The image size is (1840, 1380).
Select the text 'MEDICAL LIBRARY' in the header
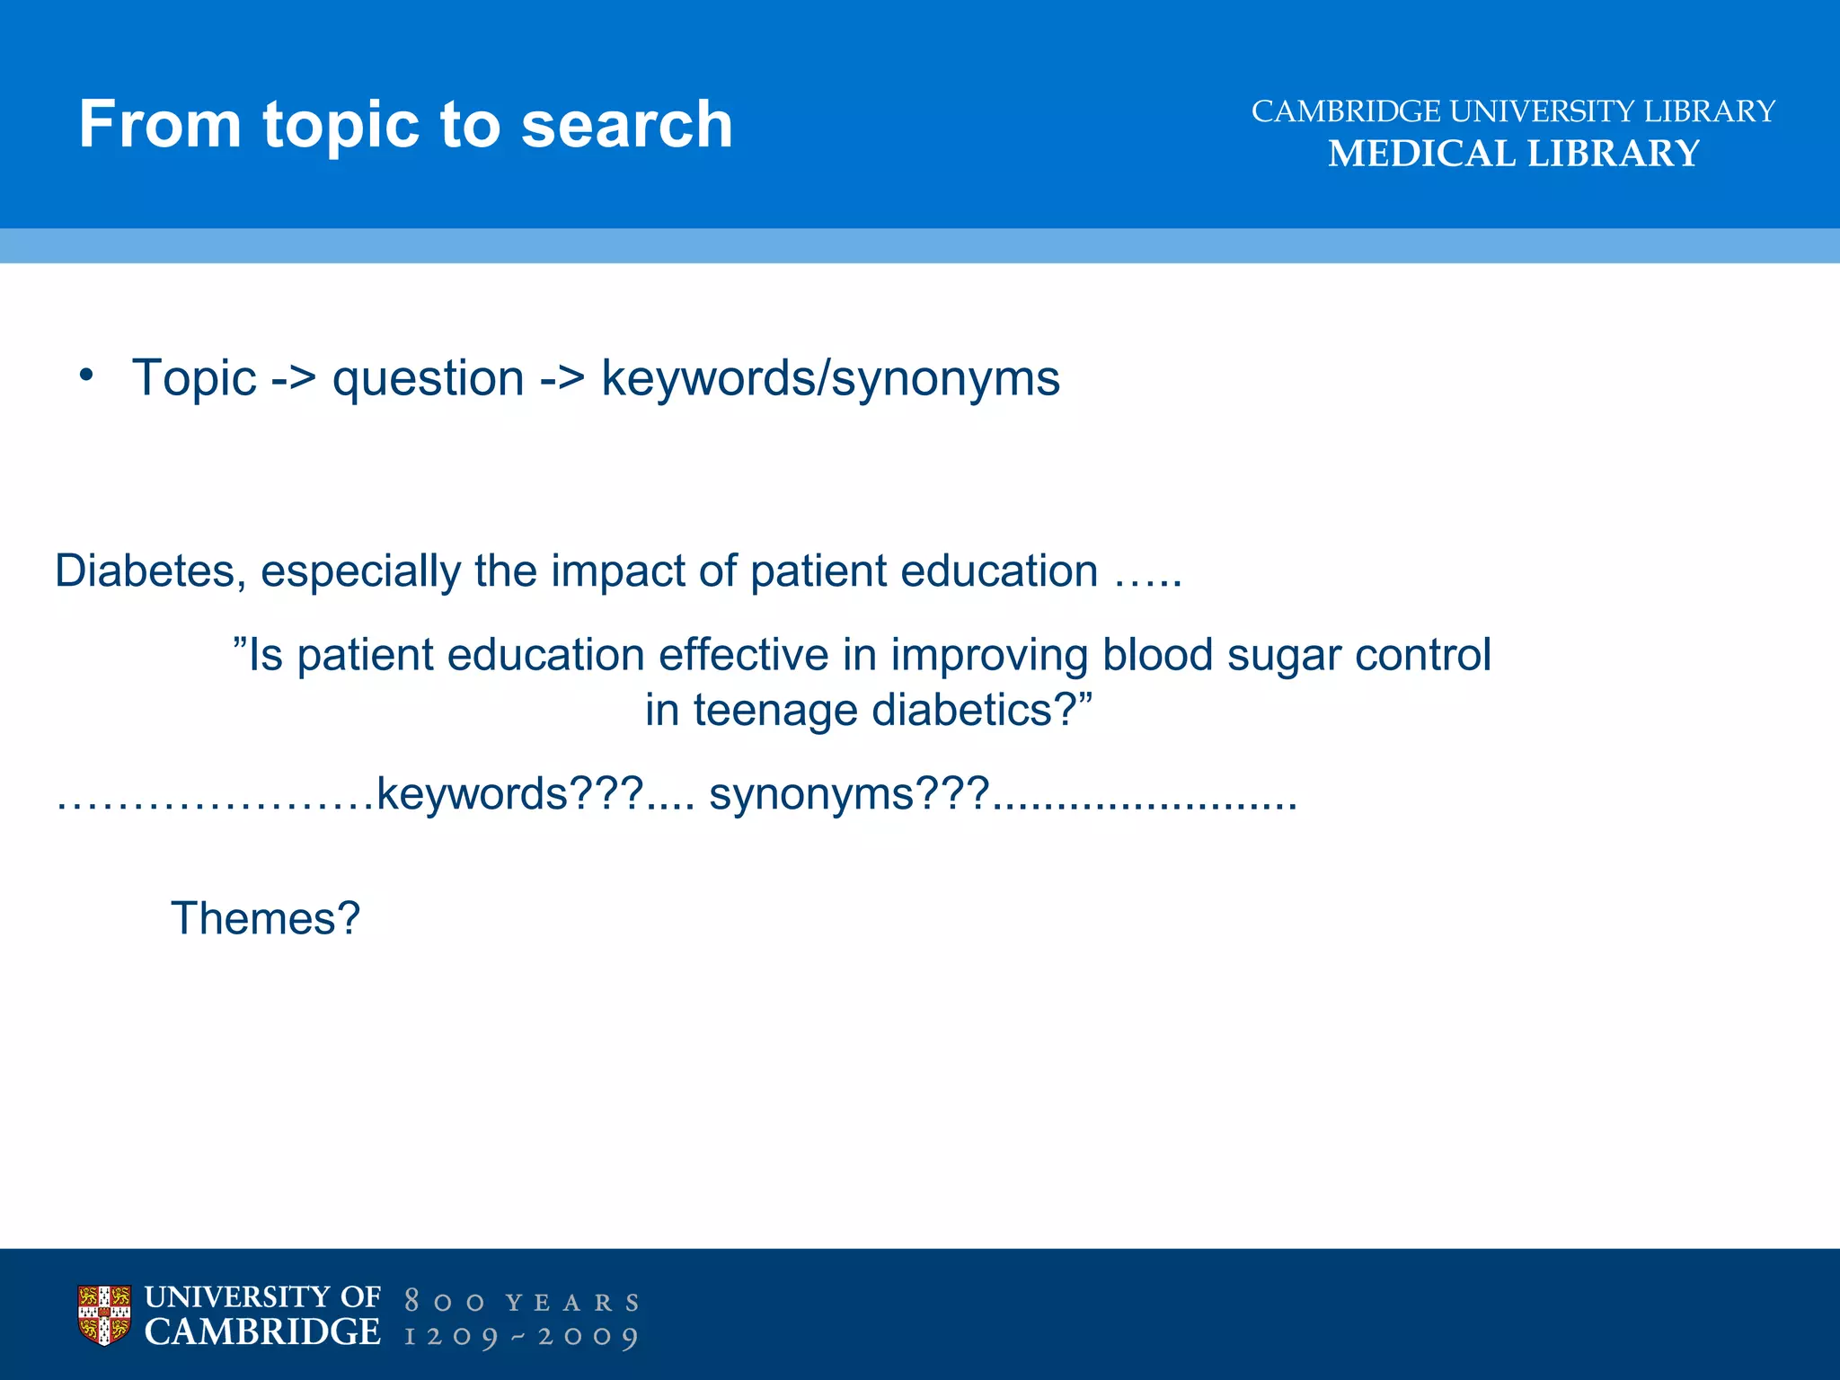[x=1513, y=154]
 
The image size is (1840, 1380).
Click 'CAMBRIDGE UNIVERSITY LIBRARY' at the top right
[x=1513, y=111]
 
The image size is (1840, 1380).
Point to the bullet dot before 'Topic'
[x=85, y=375]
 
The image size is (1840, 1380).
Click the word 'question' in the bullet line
[x=428, y=377]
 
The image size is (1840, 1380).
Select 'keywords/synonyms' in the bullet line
[x=830, y=377]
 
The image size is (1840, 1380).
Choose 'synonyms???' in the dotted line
[x=849, y=794]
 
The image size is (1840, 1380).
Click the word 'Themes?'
[x=265, y=918]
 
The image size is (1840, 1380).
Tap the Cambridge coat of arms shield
[x=104, y=1315]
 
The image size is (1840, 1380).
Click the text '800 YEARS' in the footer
[x=521, y=1302]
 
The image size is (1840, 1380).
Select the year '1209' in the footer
[x=451, y=1336]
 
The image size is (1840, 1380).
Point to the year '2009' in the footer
[x=588, y=1336]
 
